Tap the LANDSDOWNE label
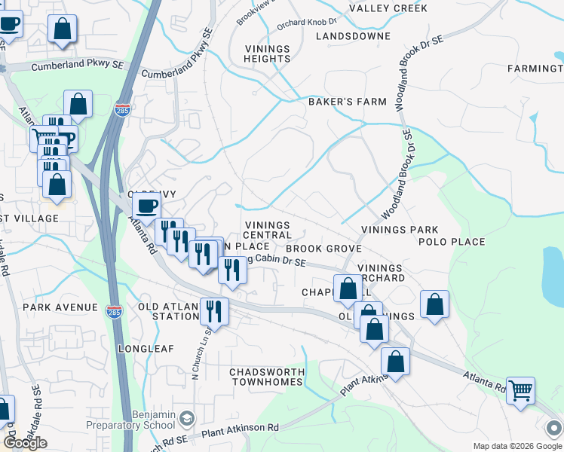click(x=353, y=36)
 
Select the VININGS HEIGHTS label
click(x=267, y=54)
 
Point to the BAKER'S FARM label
click(x=347, y=102)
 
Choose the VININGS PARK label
click(x=400, y=230)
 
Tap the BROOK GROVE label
click(x=324, y=249)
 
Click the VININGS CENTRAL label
click(x=267, y=231)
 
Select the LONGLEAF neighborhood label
click(x=146, y=349)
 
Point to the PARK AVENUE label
click(x=60, y=307)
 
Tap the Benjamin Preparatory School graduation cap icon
click(x=186, y=418)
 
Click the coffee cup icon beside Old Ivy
click(x=146, y=206)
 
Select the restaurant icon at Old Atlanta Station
click(x=214, y=311)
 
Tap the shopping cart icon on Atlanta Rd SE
click(x=520, y=391)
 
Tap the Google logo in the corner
click(x=25, y=443)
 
